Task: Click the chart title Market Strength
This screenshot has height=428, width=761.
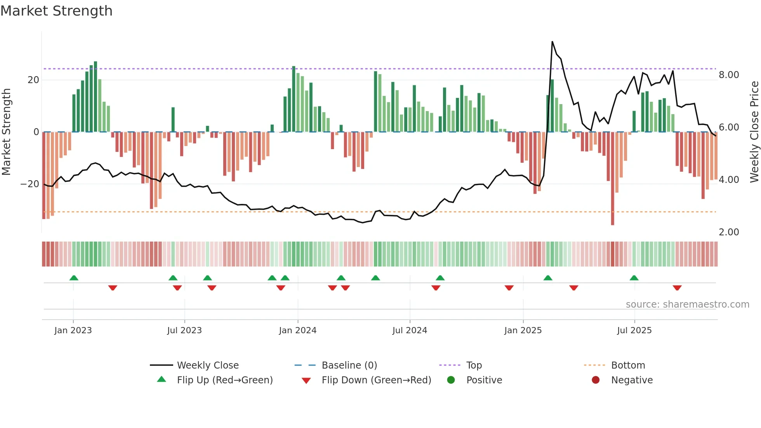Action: point(57,11)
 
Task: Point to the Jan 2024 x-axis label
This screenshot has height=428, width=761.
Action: point(297,331)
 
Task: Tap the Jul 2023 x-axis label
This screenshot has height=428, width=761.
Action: point(184,331)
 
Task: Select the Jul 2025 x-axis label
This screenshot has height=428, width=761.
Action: point(634,331)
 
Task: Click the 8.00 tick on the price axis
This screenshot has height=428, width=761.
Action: point(728,75)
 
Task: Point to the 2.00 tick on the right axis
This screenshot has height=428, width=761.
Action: point(728,232)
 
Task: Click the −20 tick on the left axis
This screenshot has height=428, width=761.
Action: point(30,184)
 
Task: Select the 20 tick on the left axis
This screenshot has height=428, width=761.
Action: point(33,80)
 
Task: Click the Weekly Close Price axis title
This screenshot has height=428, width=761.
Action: point(754,132)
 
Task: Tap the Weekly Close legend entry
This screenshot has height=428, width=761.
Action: point(208,365)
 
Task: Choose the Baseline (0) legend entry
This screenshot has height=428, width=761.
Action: point(349,365)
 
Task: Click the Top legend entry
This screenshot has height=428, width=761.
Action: point(474,365)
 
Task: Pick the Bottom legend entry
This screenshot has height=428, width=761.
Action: point(628,365)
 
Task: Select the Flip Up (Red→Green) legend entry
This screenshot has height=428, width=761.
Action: point(224,380)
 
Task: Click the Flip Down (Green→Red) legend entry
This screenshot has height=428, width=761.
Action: point(376,380)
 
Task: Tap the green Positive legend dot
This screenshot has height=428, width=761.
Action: point(451,380)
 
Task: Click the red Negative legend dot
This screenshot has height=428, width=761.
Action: point(596,380)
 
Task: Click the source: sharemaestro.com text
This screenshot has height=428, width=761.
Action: point(687,304)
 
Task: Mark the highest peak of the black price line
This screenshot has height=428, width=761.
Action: point(552,42)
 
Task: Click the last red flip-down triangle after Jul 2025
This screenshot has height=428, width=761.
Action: point(677,288)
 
